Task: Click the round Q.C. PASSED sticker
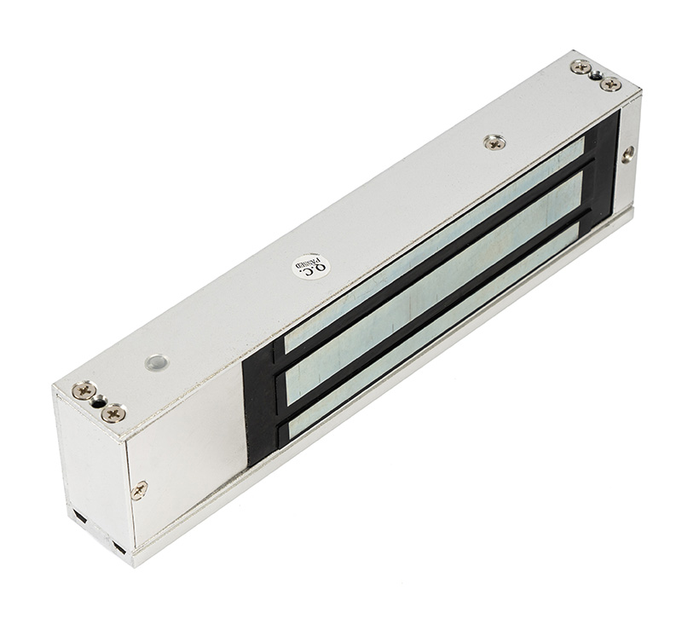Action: (x=311, y=267)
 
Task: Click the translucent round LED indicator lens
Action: (x=157, y=361)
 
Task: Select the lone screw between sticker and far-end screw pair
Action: (x=494, y=142)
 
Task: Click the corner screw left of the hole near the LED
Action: (x=84, y=390)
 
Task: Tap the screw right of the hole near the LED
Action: (x=113, y=412)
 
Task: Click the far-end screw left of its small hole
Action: (x=581, y=67)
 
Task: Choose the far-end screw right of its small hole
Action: (x=610, y=84)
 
